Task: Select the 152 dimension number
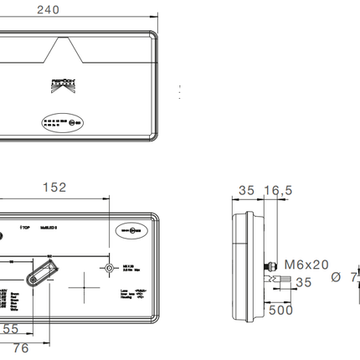54,188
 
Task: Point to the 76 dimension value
19,347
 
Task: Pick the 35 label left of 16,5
245,191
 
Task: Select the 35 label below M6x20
302,283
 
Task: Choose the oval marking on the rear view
131,228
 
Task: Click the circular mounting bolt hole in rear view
110,270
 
